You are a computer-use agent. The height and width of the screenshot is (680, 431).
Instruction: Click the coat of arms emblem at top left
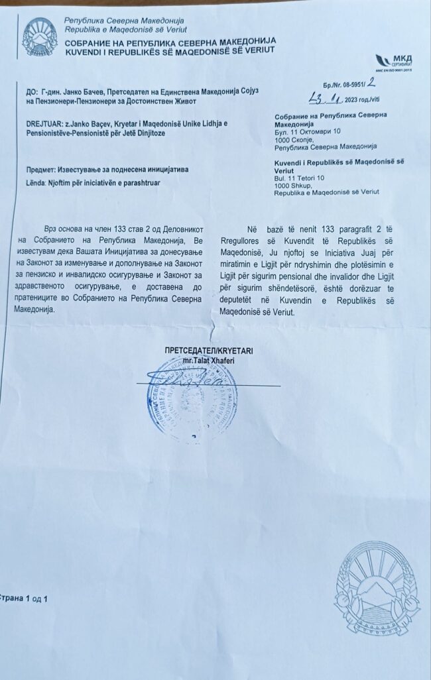coord(40,36)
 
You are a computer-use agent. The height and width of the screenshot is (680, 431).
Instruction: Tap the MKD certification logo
coord(393,63)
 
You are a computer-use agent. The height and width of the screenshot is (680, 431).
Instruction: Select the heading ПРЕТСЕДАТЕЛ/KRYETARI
coord(209,350)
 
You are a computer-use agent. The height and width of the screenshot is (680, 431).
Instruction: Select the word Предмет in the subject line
coord(41,169)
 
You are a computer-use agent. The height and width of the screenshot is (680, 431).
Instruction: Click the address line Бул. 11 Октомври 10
coord(307,131)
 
